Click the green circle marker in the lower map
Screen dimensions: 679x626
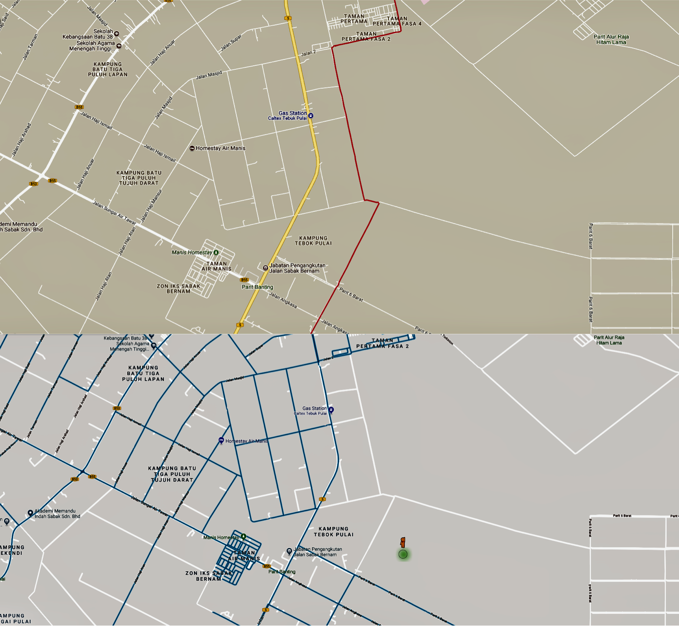(403, 554)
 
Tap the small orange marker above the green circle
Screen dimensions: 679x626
(402, 542)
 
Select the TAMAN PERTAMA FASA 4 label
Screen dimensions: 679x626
(397, 21)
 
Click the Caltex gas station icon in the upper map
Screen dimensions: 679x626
(311, 116)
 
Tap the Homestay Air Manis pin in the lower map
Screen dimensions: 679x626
(221, 440)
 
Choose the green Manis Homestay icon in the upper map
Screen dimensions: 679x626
(216, 252)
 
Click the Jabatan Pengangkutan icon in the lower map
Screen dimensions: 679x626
(289, 551)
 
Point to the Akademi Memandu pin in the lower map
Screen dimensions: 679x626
(30, 513)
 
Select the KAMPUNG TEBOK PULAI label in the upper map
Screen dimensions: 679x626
(313, 241)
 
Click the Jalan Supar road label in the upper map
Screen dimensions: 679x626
(231, 43)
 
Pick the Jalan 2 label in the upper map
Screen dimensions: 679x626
(309, 53)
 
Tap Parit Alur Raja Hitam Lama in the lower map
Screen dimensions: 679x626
(609, 340)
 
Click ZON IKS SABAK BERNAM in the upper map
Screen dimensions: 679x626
(178, 289)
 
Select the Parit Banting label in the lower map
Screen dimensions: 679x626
(282, 572)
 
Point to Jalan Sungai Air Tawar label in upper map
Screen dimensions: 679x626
(114, 212)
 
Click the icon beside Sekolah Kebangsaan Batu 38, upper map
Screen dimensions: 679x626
(116, 34)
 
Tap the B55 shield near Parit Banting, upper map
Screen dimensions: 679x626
(244, 280)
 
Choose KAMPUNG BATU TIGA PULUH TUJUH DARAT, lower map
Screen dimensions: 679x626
(172, 474)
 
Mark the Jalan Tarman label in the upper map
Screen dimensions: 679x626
(30, 47)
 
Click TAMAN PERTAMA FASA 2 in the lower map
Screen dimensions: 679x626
(383, 343)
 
